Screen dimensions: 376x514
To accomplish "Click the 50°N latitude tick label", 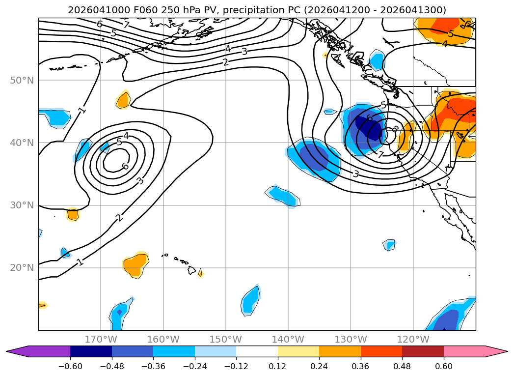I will (22, 80).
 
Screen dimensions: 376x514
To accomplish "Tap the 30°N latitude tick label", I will (22, 205).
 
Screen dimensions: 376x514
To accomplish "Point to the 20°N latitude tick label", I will (22, 268).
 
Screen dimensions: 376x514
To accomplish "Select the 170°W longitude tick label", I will (101, 339).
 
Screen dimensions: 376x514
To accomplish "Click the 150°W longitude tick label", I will (225, 339).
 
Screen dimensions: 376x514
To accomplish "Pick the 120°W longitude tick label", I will (413, 339).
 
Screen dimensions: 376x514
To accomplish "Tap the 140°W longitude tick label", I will (288, 339).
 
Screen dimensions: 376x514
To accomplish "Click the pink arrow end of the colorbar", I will (496, 351).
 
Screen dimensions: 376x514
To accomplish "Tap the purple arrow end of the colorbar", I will (17, 351).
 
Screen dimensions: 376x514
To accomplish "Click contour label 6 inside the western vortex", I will (125, 166).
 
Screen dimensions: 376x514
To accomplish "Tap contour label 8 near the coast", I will (395, 129).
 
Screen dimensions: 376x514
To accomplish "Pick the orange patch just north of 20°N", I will (135, 265).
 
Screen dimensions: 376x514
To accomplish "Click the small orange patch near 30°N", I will (73, 214).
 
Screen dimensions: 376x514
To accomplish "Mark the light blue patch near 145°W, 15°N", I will (251, 300).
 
